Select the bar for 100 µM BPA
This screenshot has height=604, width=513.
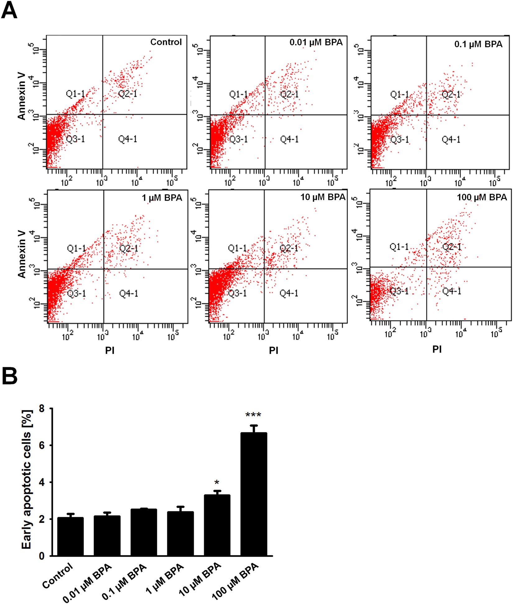click(x=254, y=495)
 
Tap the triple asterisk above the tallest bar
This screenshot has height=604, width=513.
click(x=253, y=415)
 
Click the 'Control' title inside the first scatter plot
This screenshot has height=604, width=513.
click(x=166, y=42)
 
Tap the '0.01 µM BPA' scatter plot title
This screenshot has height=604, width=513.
click(x=316, y=42)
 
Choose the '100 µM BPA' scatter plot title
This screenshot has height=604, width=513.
click(x=482, y=197)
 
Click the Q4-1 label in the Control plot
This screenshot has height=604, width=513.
click(x=127, y=139)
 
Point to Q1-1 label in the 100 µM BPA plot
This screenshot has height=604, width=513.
click(x=399, y=247)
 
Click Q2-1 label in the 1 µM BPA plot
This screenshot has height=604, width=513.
click(x=129, y=248)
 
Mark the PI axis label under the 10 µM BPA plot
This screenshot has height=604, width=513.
click(x=274, y=351)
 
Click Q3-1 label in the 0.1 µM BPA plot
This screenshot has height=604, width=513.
click(x=400, y=139)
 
